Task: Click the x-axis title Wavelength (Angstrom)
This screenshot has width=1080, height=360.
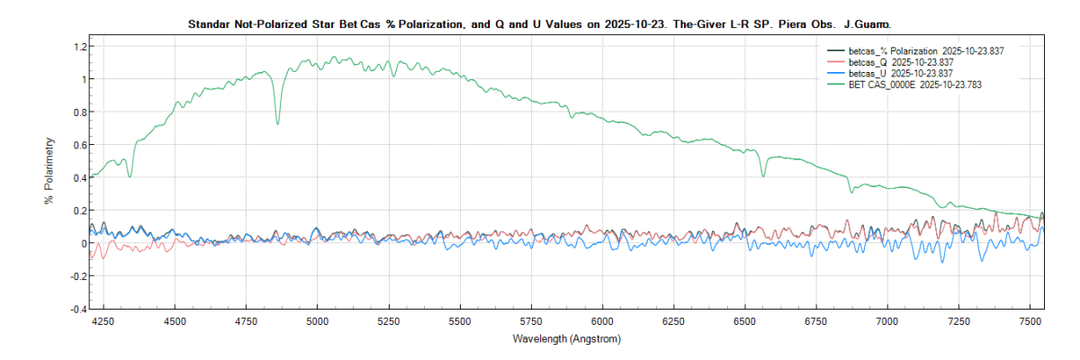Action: click(x=566, y=339)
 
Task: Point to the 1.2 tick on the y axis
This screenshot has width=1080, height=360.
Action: click(x=79, y=46)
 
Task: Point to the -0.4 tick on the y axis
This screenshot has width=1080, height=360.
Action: click(x=78, y=309)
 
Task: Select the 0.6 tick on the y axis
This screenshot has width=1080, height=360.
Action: click(x=79, y=145)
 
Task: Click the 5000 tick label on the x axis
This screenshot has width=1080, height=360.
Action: click(x=317, y=320)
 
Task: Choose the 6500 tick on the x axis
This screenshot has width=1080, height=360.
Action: click(x=744, y=320)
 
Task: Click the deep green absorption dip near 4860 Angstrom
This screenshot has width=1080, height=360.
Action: click(x=277, y=122)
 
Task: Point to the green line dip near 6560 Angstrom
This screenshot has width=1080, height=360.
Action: click(x=763, y=175)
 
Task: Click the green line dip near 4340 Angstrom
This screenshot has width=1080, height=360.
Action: click(x=130, y=175)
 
